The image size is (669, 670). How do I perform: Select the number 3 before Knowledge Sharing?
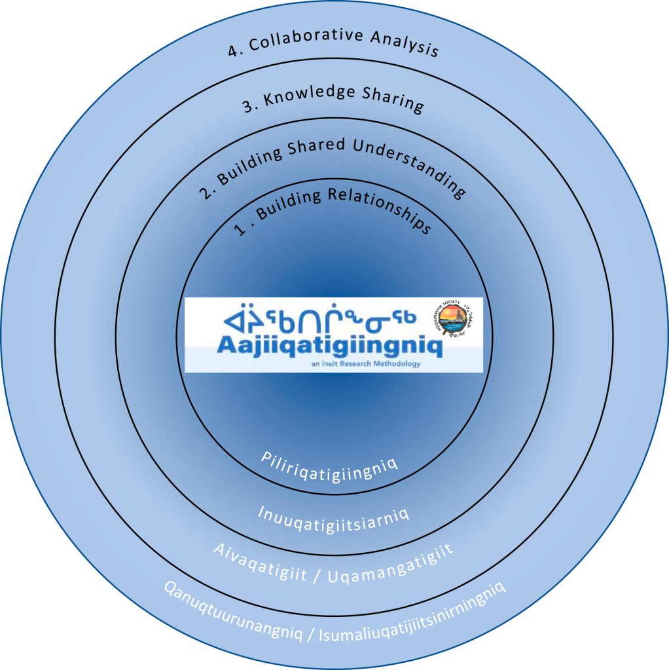click(x=247, y=108)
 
